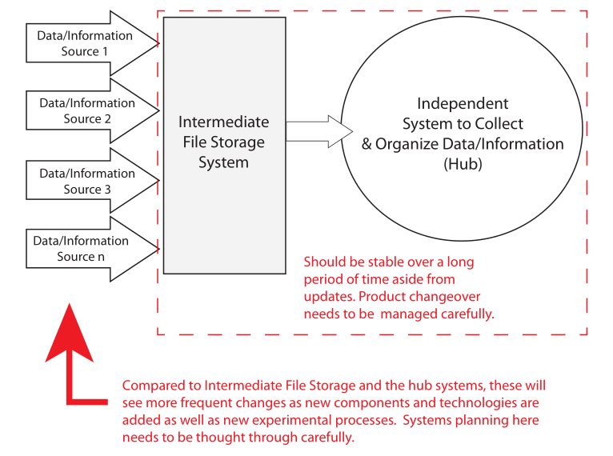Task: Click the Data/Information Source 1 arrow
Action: [92, 43]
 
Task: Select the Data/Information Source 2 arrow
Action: [92, 110]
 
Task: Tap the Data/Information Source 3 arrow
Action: [92, 181]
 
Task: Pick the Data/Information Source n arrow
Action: [92, 249]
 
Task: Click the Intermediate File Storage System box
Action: [224, 146]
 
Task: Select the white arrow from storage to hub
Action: [319, 131]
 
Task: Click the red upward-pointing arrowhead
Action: [69, 333]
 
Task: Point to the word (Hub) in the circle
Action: [463, 164]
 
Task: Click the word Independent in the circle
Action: [463, 103]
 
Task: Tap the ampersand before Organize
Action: [367, 144]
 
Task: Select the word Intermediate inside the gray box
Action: [223, 122]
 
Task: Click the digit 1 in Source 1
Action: [104, 51]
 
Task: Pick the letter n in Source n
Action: [101, 257]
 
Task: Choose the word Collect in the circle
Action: [499, 124]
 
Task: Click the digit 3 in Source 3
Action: [107, 190]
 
